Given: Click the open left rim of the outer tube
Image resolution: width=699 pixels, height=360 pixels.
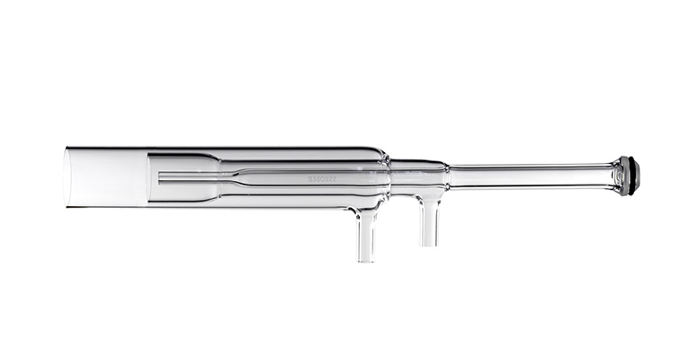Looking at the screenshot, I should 68,176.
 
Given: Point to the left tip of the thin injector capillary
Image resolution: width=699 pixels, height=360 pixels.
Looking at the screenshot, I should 160,177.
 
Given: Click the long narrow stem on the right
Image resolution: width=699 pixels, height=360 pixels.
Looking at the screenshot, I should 531,175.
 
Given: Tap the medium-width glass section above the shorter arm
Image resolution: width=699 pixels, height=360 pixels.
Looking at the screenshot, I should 417,175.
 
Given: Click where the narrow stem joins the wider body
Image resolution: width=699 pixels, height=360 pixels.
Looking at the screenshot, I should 449,175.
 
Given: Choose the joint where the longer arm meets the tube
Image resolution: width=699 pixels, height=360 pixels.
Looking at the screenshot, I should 363,211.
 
